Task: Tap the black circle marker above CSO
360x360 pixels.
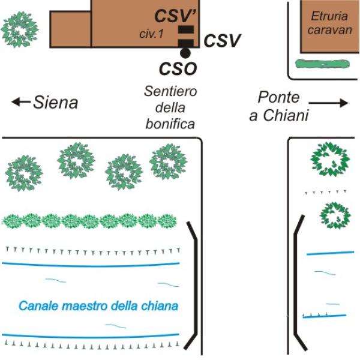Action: (185, 53)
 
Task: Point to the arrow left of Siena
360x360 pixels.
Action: (21, 102)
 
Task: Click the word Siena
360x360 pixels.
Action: (56, 103)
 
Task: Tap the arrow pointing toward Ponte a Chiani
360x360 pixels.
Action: (335, 103)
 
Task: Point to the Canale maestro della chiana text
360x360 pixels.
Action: (99, 306)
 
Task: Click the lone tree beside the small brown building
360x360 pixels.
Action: (20, 26)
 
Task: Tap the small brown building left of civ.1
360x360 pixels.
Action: (70, 29)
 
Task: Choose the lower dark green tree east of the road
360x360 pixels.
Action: (334, 215)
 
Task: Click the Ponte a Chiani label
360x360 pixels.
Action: (283, 107)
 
